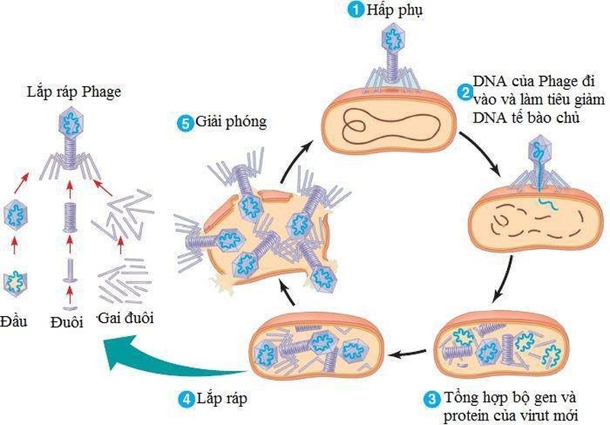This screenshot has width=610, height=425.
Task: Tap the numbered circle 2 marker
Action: (463, 93)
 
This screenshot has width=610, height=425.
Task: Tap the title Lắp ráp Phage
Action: (71, 92)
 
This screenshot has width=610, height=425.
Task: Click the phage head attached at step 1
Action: (395, 36)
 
